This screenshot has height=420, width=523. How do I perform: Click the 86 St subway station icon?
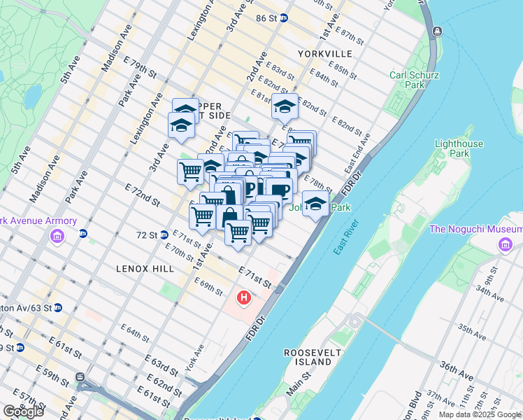(284, 18)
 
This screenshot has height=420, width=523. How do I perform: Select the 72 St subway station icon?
(163, 235)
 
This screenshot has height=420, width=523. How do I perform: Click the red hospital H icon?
(244, 298)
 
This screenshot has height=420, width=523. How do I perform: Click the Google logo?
(22, 412)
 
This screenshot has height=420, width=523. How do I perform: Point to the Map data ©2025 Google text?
(480, 414)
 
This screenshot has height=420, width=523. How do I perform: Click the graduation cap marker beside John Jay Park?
(316, 204)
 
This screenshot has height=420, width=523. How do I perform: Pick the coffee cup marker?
(279, 190)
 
